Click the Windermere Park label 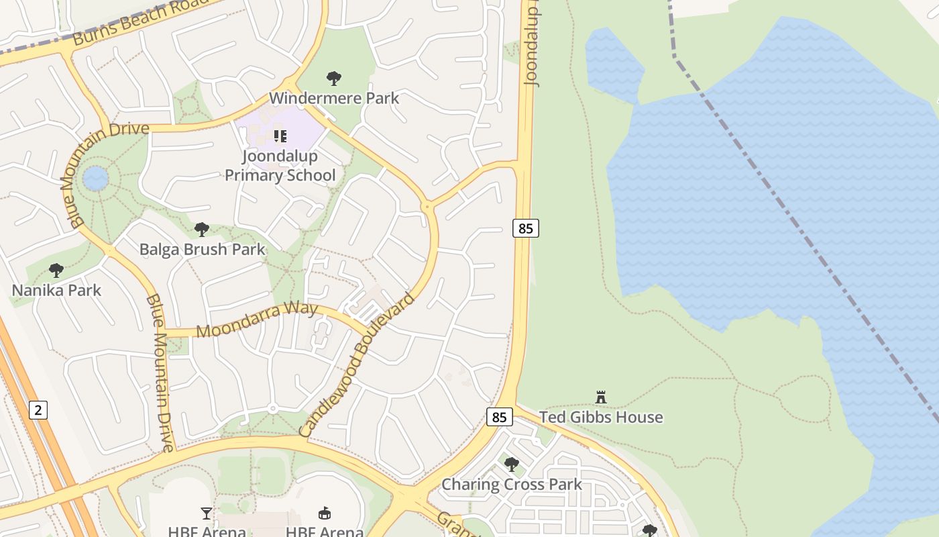333,98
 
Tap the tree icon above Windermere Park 333,79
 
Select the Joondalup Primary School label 280,166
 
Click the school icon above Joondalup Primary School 280,136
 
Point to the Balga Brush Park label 202,250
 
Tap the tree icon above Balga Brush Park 201,230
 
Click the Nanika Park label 56,290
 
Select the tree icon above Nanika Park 56,271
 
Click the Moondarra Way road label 257,320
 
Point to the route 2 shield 38,409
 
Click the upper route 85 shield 526,228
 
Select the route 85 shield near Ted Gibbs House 499,417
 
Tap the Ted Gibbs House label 601,417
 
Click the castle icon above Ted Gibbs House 601,397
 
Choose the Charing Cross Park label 512,484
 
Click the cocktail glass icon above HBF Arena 206,514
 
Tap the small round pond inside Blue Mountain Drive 95,179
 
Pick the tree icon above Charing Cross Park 512,464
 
